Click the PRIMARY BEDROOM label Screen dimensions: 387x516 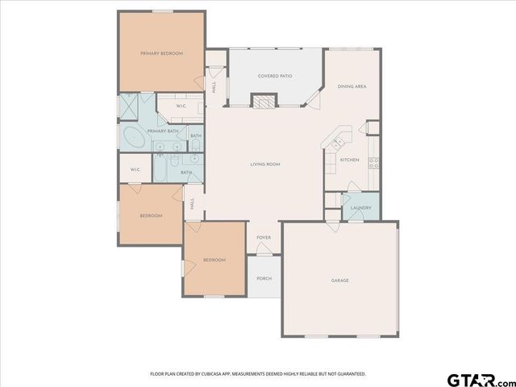coord(161,53)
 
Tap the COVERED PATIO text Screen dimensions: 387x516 coord(275,77)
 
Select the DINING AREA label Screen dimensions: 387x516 coord(352,86)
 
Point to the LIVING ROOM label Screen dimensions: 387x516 coord(264,164)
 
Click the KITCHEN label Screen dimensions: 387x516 coord(349,160)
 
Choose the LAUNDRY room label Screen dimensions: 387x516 coord(360,208)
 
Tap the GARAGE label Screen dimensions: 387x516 coord(339,281)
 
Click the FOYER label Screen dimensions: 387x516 coord(264,238)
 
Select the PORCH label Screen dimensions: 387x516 coord(264,278)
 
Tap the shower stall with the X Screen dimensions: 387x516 coord(130,106)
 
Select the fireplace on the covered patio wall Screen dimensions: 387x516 coord(264,100)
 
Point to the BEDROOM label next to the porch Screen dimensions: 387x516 coord(214,260)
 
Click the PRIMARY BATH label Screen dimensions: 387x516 coord(162,130)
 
